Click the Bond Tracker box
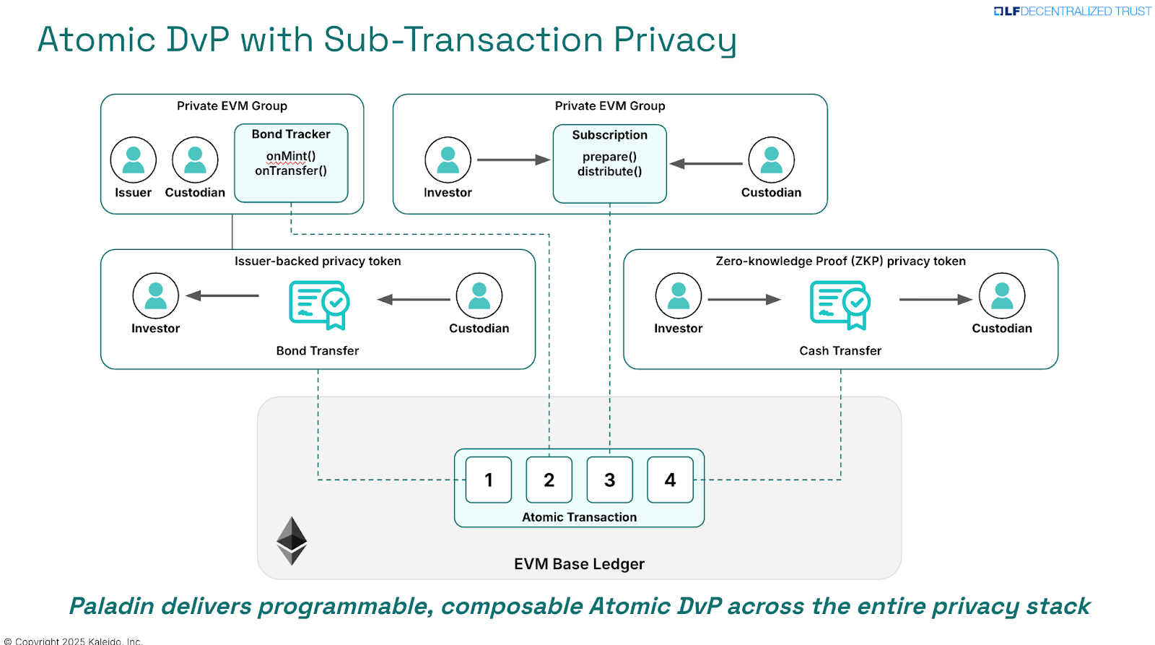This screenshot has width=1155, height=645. coord(291,163)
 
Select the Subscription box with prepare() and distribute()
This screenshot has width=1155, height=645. coord(609,163)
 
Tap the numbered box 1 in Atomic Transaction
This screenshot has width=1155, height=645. coord(489,480)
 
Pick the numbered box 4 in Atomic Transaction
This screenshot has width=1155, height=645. coord(670,480)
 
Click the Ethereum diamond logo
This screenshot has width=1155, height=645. coord(292,540)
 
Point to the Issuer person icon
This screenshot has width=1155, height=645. coord(134,160)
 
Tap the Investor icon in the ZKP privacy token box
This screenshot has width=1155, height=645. coord(678,296)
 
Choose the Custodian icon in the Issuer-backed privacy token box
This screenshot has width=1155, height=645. coord(479,296)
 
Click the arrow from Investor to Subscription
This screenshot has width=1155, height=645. coord(513,160)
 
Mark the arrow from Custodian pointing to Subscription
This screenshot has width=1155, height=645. coord(706,164)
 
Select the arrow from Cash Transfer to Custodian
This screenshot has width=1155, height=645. coord(936,299)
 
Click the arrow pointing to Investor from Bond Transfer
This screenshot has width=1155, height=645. coord(222,295)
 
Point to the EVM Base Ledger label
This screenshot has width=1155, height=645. coord(579,564)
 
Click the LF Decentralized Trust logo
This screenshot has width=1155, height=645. coord(1073,11)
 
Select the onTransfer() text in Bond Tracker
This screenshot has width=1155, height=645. coord(291,171)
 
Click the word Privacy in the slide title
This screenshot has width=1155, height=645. coord(674,40)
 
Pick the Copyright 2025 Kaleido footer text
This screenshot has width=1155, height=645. coord(74,641)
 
